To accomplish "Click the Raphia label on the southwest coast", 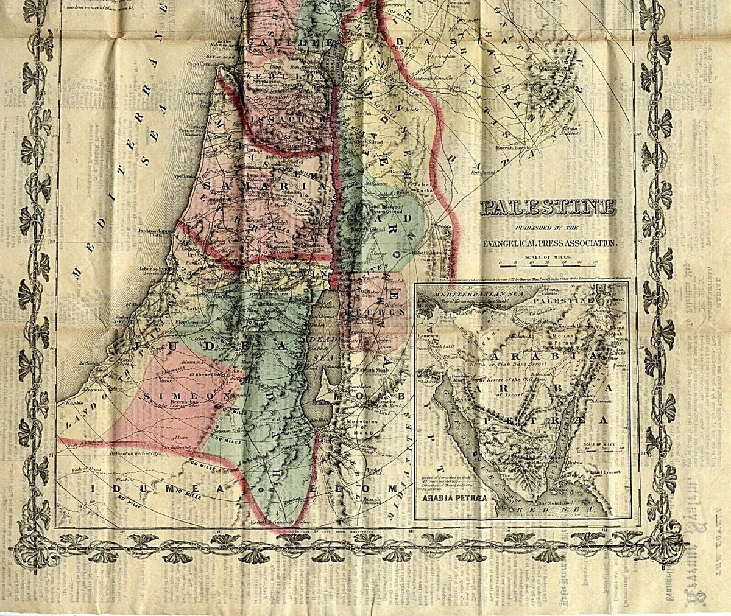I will [66, 403].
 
